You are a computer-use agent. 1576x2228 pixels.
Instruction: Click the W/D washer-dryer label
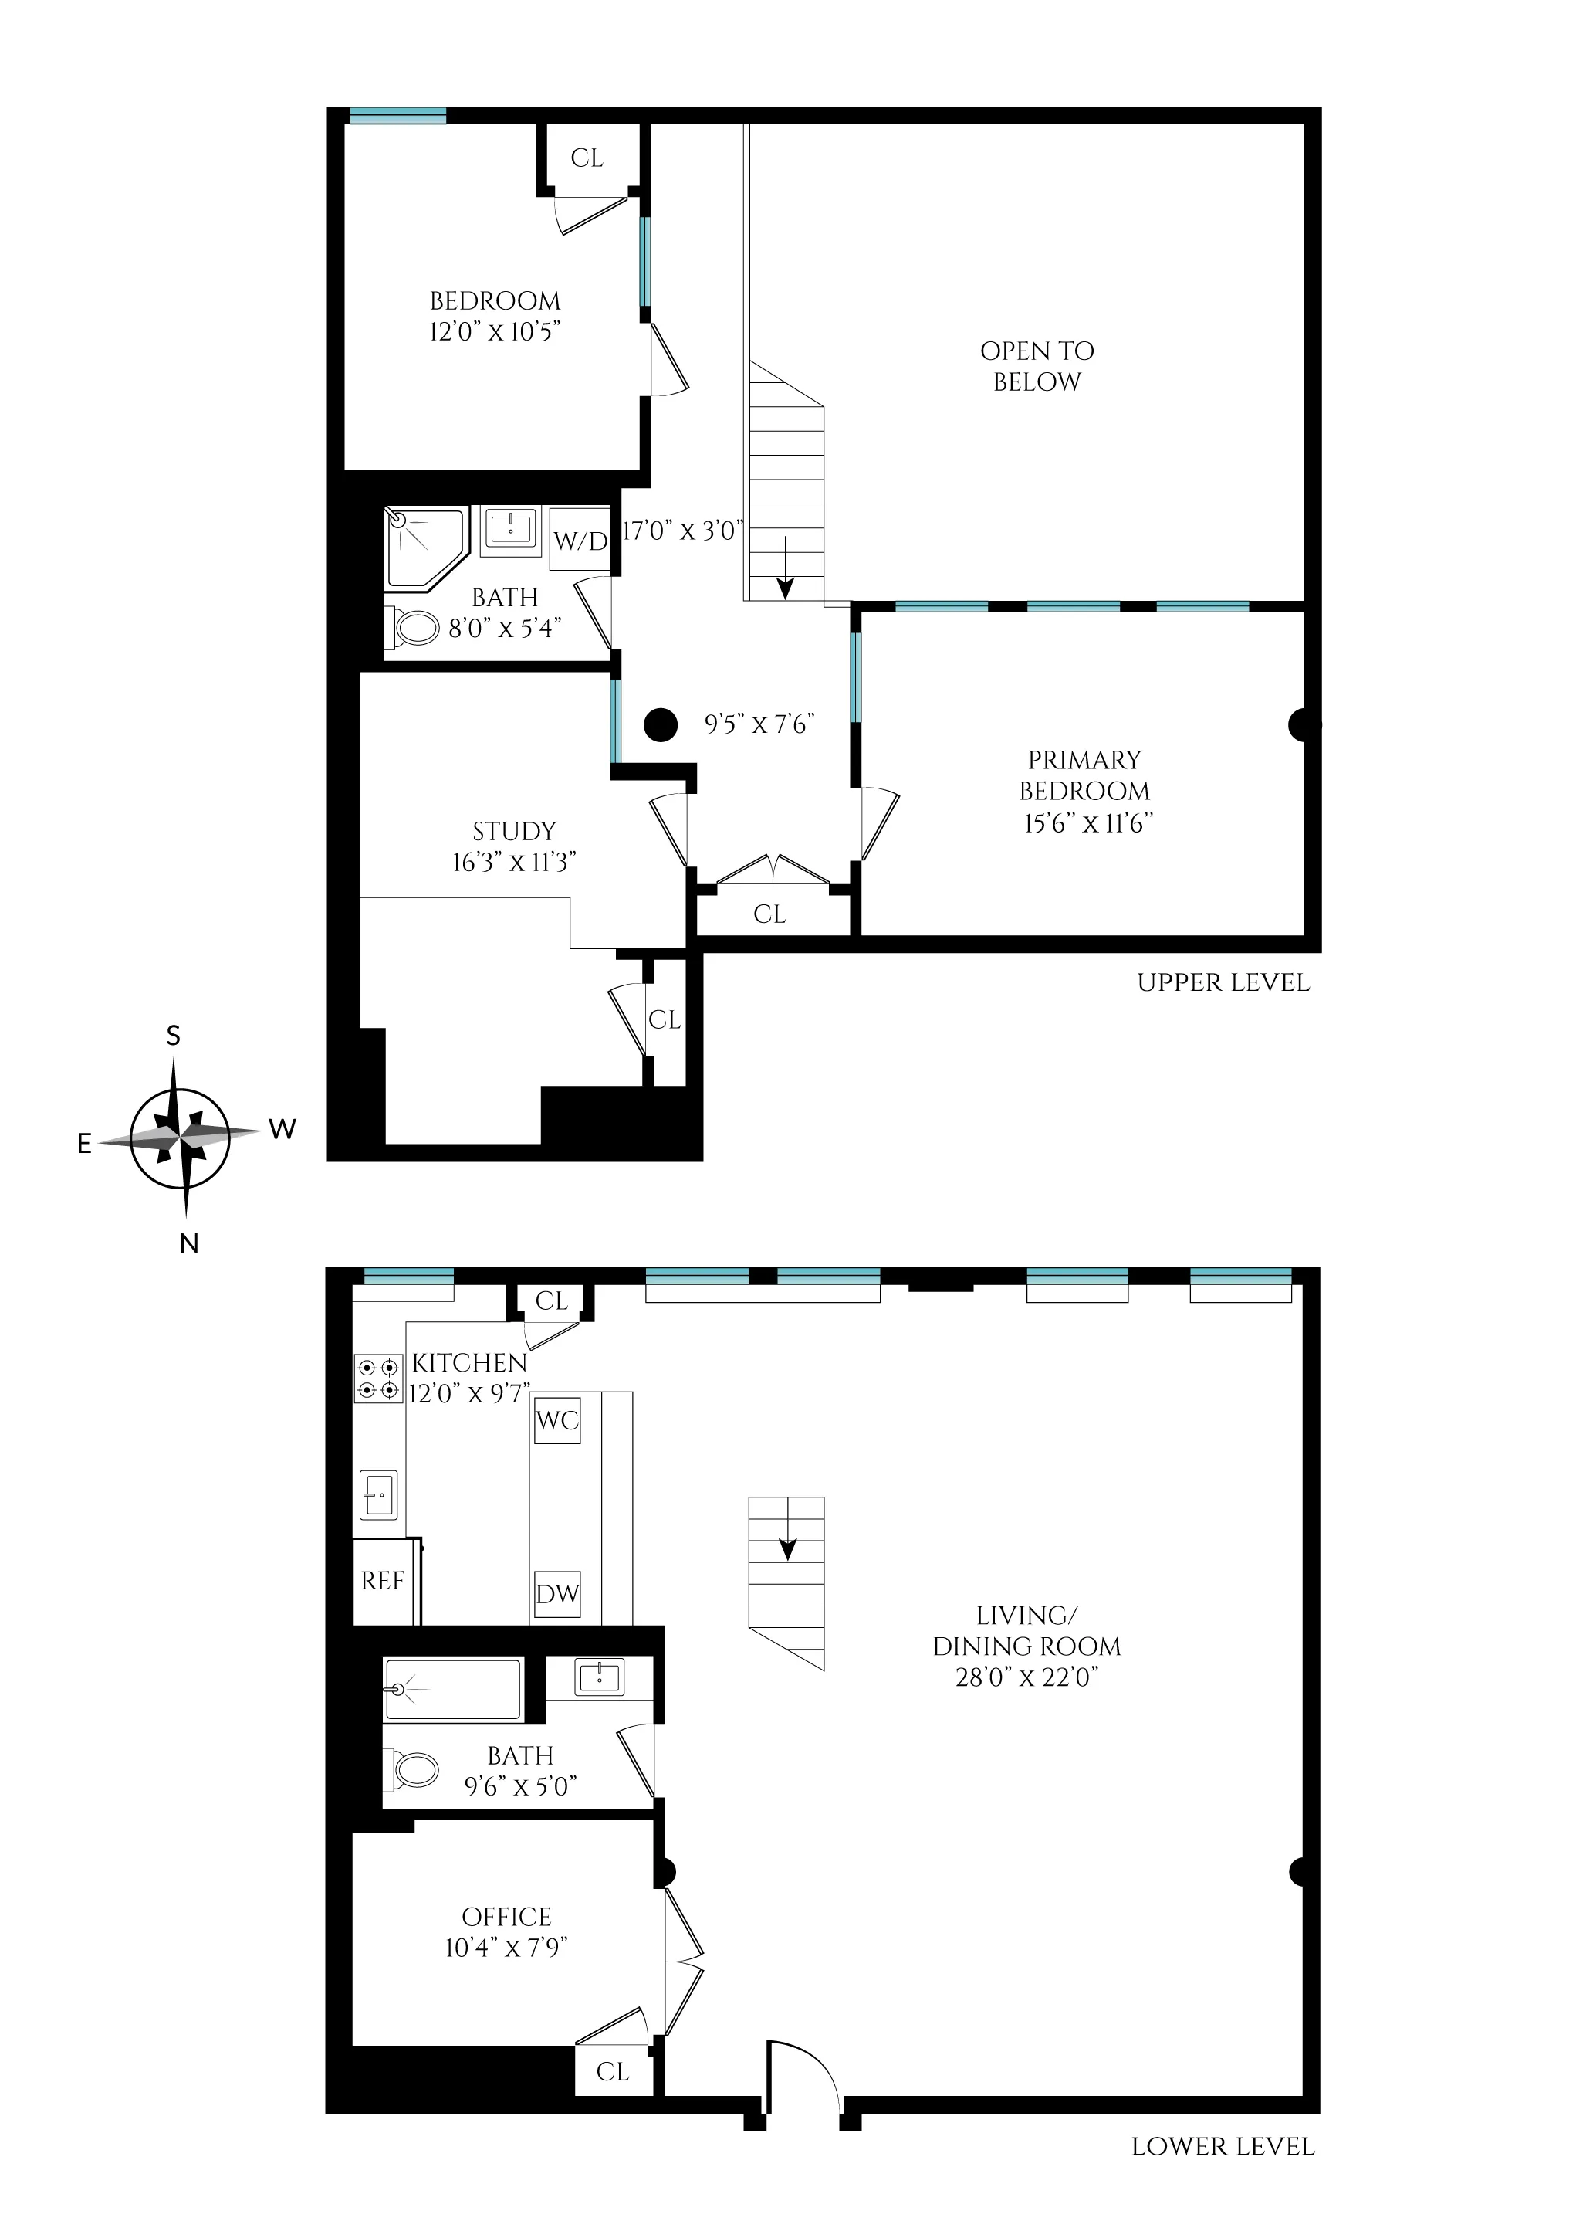coord(580,541)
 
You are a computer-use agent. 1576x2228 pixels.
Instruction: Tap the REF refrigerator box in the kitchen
coord(381,1582)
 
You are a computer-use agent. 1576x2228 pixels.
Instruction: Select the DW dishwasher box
coord(557,1594)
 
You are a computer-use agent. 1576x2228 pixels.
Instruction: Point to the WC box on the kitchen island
coord(557,1420)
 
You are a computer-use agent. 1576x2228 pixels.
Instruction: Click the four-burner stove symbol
coord(377,1379)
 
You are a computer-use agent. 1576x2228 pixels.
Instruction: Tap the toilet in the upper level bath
coord(414,627)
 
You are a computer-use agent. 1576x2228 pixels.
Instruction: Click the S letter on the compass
coord(174,1036)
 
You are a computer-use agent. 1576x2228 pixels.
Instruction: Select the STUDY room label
coord(513,831)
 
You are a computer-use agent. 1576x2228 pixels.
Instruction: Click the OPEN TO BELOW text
coord(1037,366)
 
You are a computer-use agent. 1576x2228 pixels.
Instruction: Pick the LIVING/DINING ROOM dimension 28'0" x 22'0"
coord(1026,1677)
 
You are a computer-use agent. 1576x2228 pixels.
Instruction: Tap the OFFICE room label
coord(506,1916)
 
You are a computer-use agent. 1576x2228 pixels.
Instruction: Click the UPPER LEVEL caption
coord(1223,982)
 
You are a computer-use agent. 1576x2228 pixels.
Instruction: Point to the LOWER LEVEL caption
coord(1223,2146)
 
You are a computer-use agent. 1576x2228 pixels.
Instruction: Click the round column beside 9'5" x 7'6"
coord(661,724)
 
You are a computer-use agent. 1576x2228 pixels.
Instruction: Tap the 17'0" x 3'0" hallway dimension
coord(682,530)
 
